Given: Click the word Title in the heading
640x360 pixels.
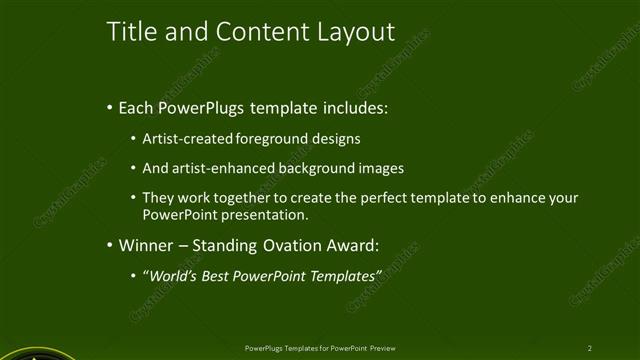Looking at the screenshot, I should point(129,32).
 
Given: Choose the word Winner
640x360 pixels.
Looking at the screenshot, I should point(147,245).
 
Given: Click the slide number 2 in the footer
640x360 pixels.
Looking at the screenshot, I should point(589,348).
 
